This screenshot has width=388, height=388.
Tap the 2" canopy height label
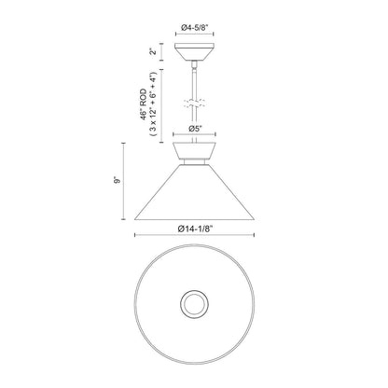[x=151, y=51]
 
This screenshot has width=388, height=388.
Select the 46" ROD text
[x=143, y=104]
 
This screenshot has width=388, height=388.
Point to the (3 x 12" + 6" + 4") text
[x=153, y=104]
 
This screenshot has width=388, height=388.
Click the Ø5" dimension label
[x=196, y=129]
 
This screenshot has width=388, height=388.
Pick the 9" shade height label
[x=117, y=180]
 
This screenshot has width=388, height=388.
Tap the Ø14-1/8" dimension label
[x=195, y=229]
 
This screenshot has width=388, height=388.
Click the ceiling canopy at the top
[x=195, y=52]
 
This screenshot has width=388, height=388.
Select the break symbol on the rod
[x=194, y=104]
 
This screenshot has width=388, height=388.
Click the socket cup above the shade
[x=195, y=151]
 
